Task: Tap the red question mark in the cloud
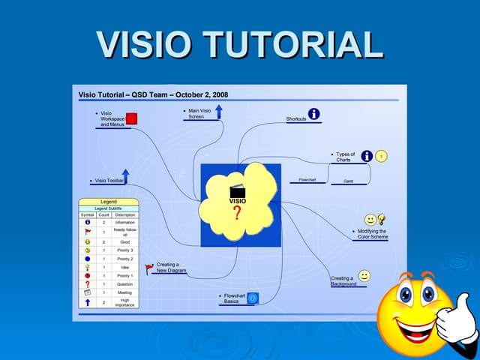(x=237, y=214)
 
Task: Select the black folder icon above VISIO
(x=237, y=192)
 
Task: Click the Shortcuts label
(x=296, y=119)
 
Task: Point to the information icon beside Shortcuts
(x=314, y=114)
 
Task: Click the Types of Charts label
(x=345, y=157)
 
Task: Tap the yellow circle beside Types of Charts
(x=382, y=156)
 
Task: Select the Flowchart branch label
(x=307, y=180)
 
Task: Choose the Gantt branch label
(x=349, y=181)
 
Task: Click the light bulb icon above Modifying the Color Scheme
(x=382, y=219)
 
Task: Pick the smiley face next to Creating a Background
(x=364, y=276)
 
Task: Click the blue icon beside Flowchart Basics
(x=253, y=298)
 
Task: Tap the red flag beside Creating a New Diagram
(x=148, y=267)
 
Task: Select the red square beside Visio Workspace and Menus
(x=131, y=118)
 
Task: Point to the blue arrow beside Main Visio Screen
(x=218, y=112)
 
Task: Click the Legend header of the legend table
(x=109, y=202)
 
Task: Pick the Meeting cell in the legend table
(x=124, y=292)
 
